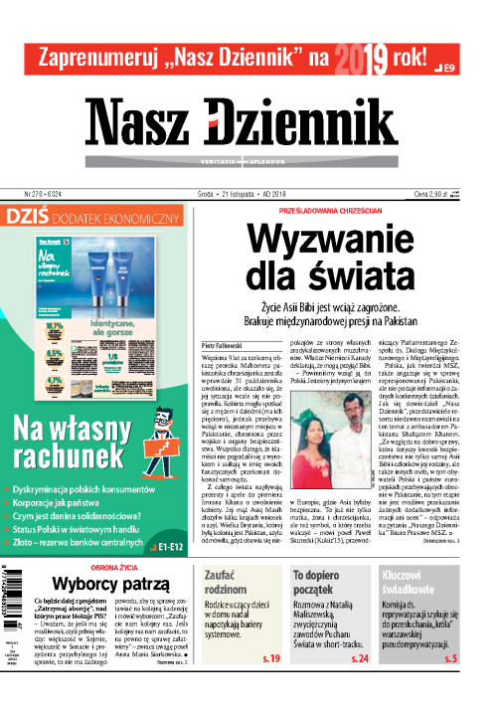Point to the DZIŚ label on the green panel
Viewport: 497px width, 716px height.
32,216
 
